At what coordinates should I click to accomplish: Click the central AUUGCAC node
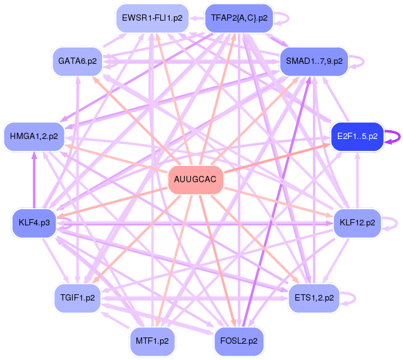point(195,180)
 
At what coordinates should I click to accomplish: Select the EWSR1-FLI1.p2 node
point(152,18)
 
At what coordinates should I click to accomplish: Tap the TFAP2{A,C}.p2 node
point(239,18)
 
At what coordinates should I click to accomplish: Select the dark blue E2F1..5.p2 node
point(357,136)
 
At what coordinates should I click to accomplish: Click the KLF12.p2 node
point(357,223)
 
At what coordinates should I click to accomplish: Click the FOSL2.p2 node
point(239,341)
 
